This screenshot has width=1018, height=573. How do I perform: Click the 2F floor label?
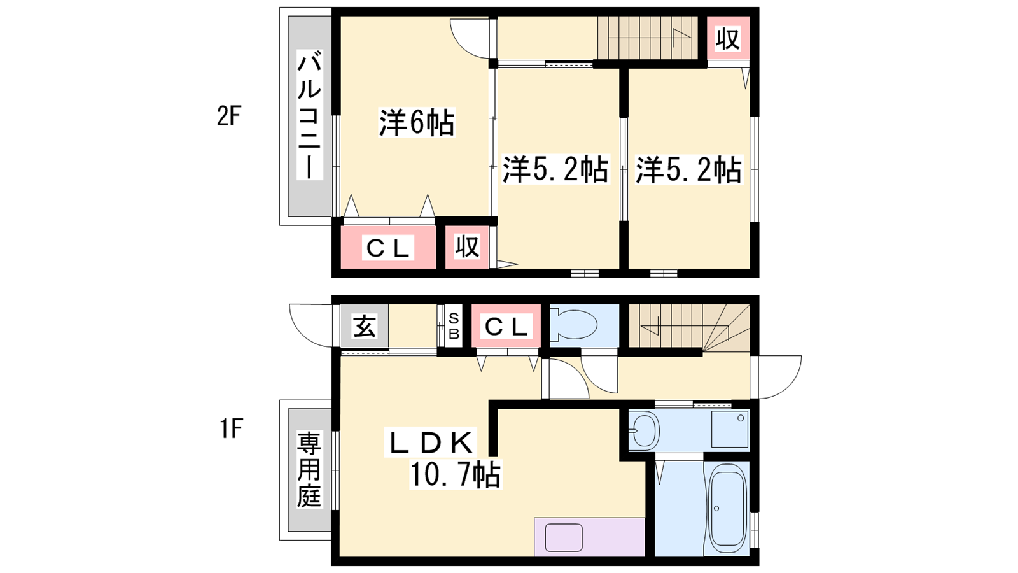click(228, 116)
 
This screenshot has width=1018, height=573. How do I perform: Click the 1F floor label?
click(231, 428)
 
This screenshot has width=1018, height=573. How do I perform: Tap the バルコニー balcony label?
click(309, 115)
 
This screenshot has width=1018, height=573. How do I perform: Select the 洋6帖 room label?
click(417, 123)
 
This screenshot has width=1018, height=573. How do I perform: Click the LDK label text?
click(430, 442)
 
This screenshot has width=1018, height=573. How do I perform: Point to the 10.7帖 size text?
click(456, 474)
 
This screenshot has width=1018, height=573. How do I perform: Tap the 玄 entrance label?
click(365, 326)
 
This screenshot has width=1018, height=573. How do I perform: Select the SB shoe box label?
click(454, 326)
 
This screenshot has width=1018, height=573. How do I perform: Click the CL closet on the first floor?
click(506, 325)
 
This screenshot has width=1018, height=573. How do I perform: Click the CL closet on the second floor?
click(387, 248)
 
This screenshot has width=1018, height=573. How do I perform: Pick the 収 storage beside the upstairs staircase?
click(728, 38)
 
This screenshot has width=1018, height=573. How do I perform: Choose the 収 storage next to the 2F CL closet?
click(467, 247)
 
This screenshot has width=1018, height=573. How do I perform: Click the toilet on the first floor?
click(573, 325)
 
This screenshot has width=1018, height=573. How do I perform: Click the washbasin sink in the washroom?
click(644, 430)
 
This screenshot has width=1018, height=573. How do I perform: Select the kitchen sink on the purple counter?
click(564, 537)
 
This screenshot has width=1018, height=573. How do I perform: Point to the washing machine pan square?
click(730, 429)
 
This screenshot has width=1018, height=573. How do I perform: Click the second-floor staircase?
click(648, 38)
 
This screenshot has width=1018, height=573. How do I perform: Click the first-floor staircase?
click(689, 327)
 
